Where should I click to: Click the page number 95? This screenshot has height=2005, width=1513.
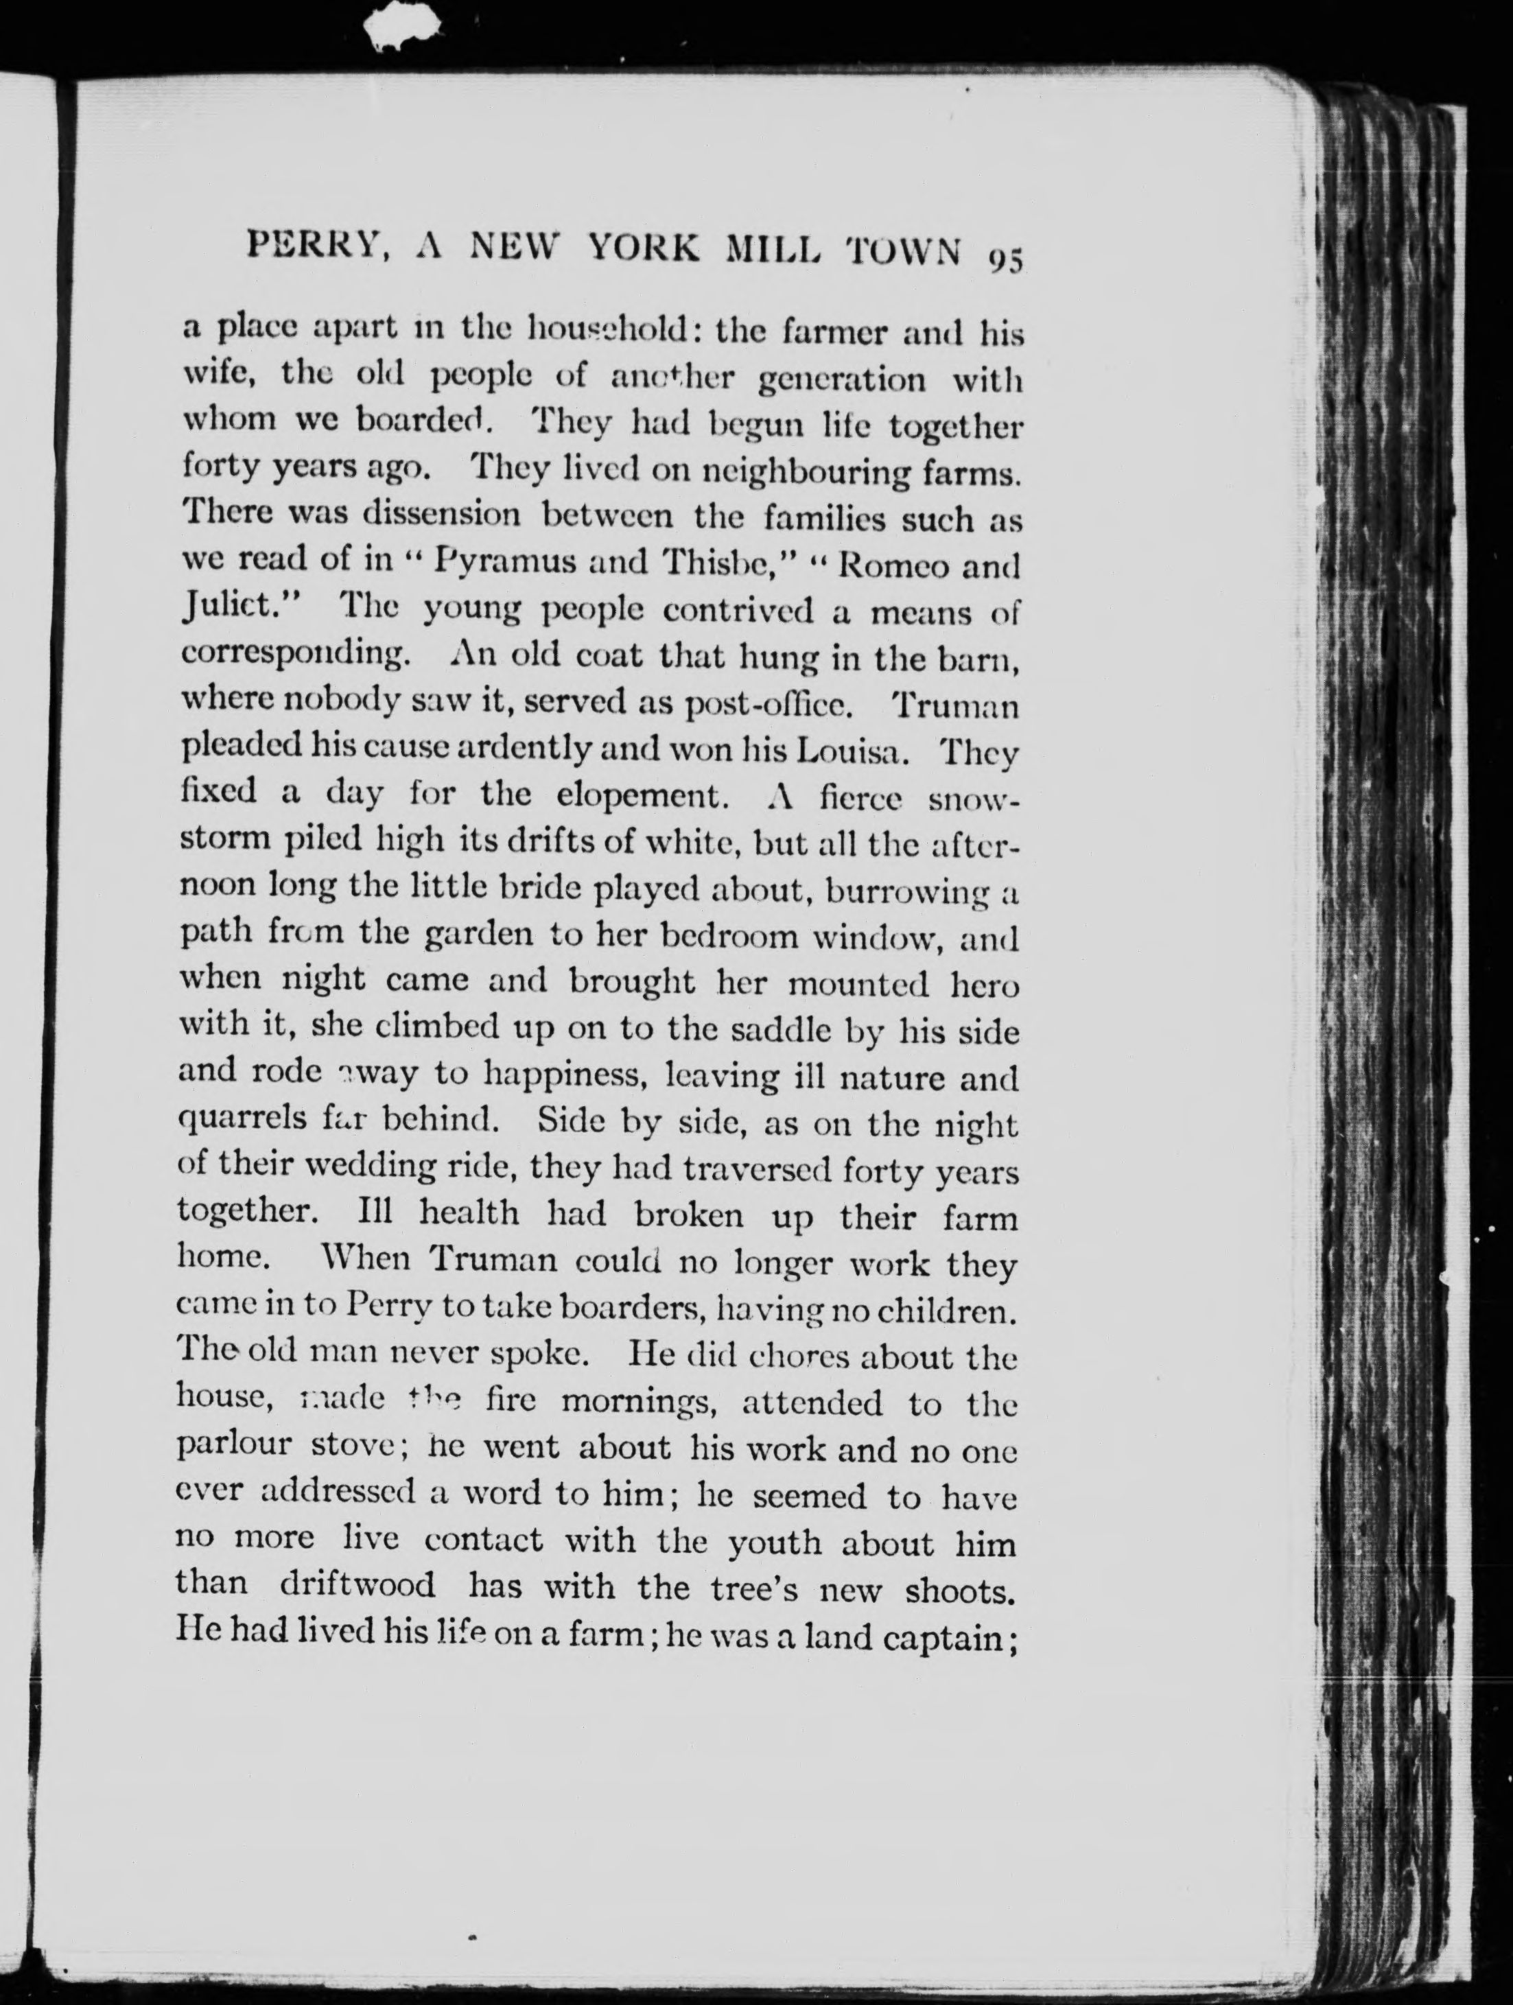(1005, 258)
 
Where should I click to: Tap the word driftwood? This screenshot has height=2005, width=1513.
(357, 1584)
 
